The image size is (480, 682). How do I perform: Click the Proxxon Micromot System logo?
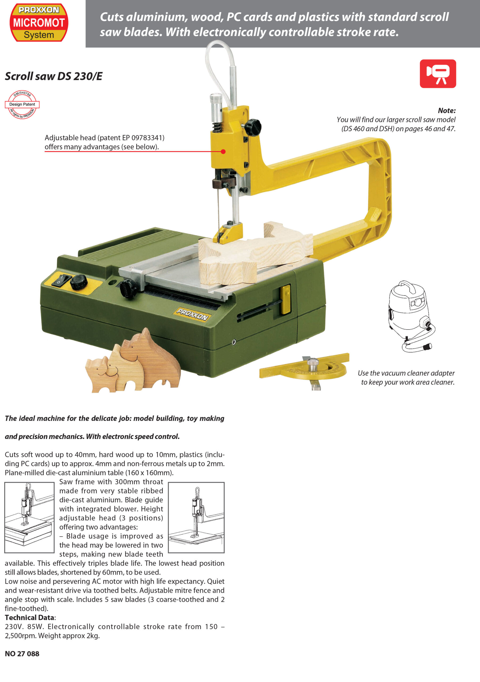(x=39, y=23)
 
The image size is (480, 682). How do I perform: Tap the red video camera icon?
(x=438, y=74)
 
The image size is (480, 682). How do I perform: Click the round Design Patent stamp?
(x=22, y=104)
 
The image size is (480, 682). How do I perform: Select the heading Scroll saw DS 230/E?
(x=54, y=76)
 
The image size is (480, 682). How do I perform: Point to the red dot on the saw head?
(x=223, y=152)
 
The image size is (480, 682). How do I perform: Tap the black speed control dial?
(x=79, y=282)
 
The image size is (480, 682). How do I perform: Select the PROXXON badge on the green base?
(x=192, y=314)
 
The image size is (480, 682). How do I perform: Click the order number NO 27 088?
(x=22, y=653)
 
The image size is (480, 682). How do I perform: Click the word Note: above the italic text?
(x=447, y=111)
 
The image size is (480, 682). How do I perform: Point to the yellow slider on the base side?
(x=286, y=299)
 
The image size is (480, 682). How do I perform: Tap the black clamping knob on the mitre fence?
(x=128, y=288)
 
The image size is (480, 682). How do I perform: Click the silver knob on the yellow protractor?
(x=313, y=364)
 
